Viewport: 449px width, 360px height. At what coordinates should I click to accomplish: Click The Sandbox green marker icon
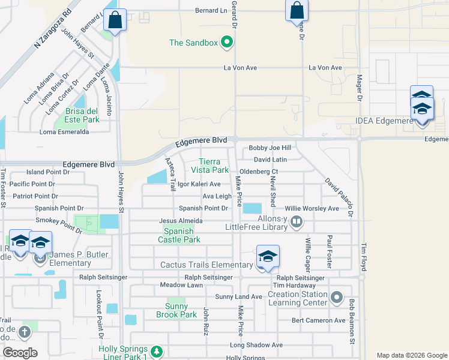pyautogui.click(x=226, y=42)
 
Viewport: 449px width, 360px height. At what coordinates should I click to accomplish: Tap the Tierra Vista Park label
pyautogui.click(x=214, y=166)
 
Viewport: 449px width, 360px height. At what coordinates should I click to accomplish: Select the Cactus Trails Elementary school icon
pyautogui.click(x=267, y=256)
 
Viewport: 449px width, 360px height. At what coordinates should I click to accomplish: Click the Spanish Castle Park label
pyautogui.click(x=179, y=235)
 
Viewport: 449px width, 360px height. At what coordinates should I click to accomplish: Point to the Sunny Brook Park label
pyautogui.click(x=176, y=310)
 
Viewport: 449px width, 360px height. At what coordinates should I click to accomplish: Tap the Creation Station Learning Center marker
pyautogui.click(x=336, y=297)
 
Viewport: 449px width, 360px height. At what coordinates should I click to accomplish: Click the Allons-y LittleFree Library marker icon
pyautogui.click(x=296, y=223)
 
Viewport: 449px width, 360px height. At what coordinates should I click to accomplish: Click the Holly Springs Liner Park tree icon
pyautogui.click(x=156, y=352)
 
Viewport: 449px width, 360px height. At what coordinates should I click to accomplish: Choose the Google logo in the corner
pyautogui.click(x=20, y=353)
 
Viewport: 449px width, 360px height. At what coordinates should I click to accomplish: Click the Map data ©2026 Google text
pyautogui.click(x=411, y=355)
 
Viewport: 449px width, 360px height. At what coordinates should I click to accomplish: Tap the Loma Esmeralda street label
pyautogui.click(x=64, y=132)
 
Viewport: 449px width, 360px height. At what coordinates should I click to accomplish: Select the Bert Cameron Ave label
pyautogui.click(x=318, y=320)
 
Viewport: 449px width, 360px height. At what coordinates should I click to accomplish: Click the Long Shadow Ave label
pyautogui.click(x=256, y=345)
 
